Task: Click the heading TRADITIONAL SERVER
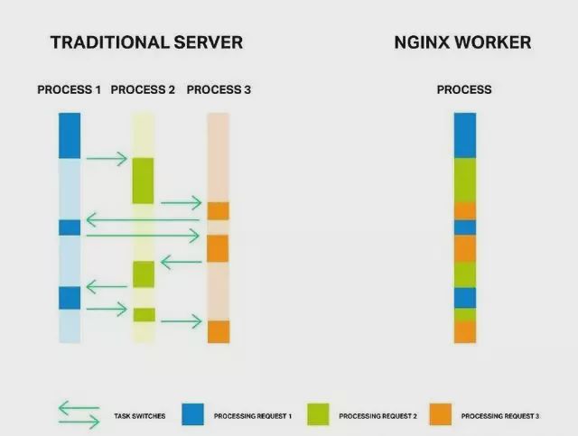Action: point(146,42)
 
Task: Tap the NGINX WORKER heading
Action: point(462,42)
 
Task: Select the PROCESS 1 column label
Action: point(69,90)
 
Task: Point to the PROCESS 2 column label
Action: point(143,90)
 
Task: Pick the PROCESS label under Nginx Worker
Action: point(464,90)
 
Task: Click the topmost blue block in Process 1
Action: point(70,135)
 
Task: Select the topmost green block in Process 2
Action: point(144,181)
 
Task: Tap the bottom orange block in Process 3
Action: point(219,331)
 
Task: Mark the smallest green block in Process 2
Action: point(144,315)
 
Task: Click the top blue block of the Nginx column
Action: point(464,135)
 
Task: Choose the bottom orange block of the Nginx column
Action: point(464,332)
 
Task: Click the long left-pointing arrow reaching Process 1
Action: point(143,219)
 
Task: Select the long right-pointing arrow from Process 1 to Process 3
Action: point(143,236)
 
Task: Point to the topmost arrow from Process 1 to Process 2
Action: point(107,160)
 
